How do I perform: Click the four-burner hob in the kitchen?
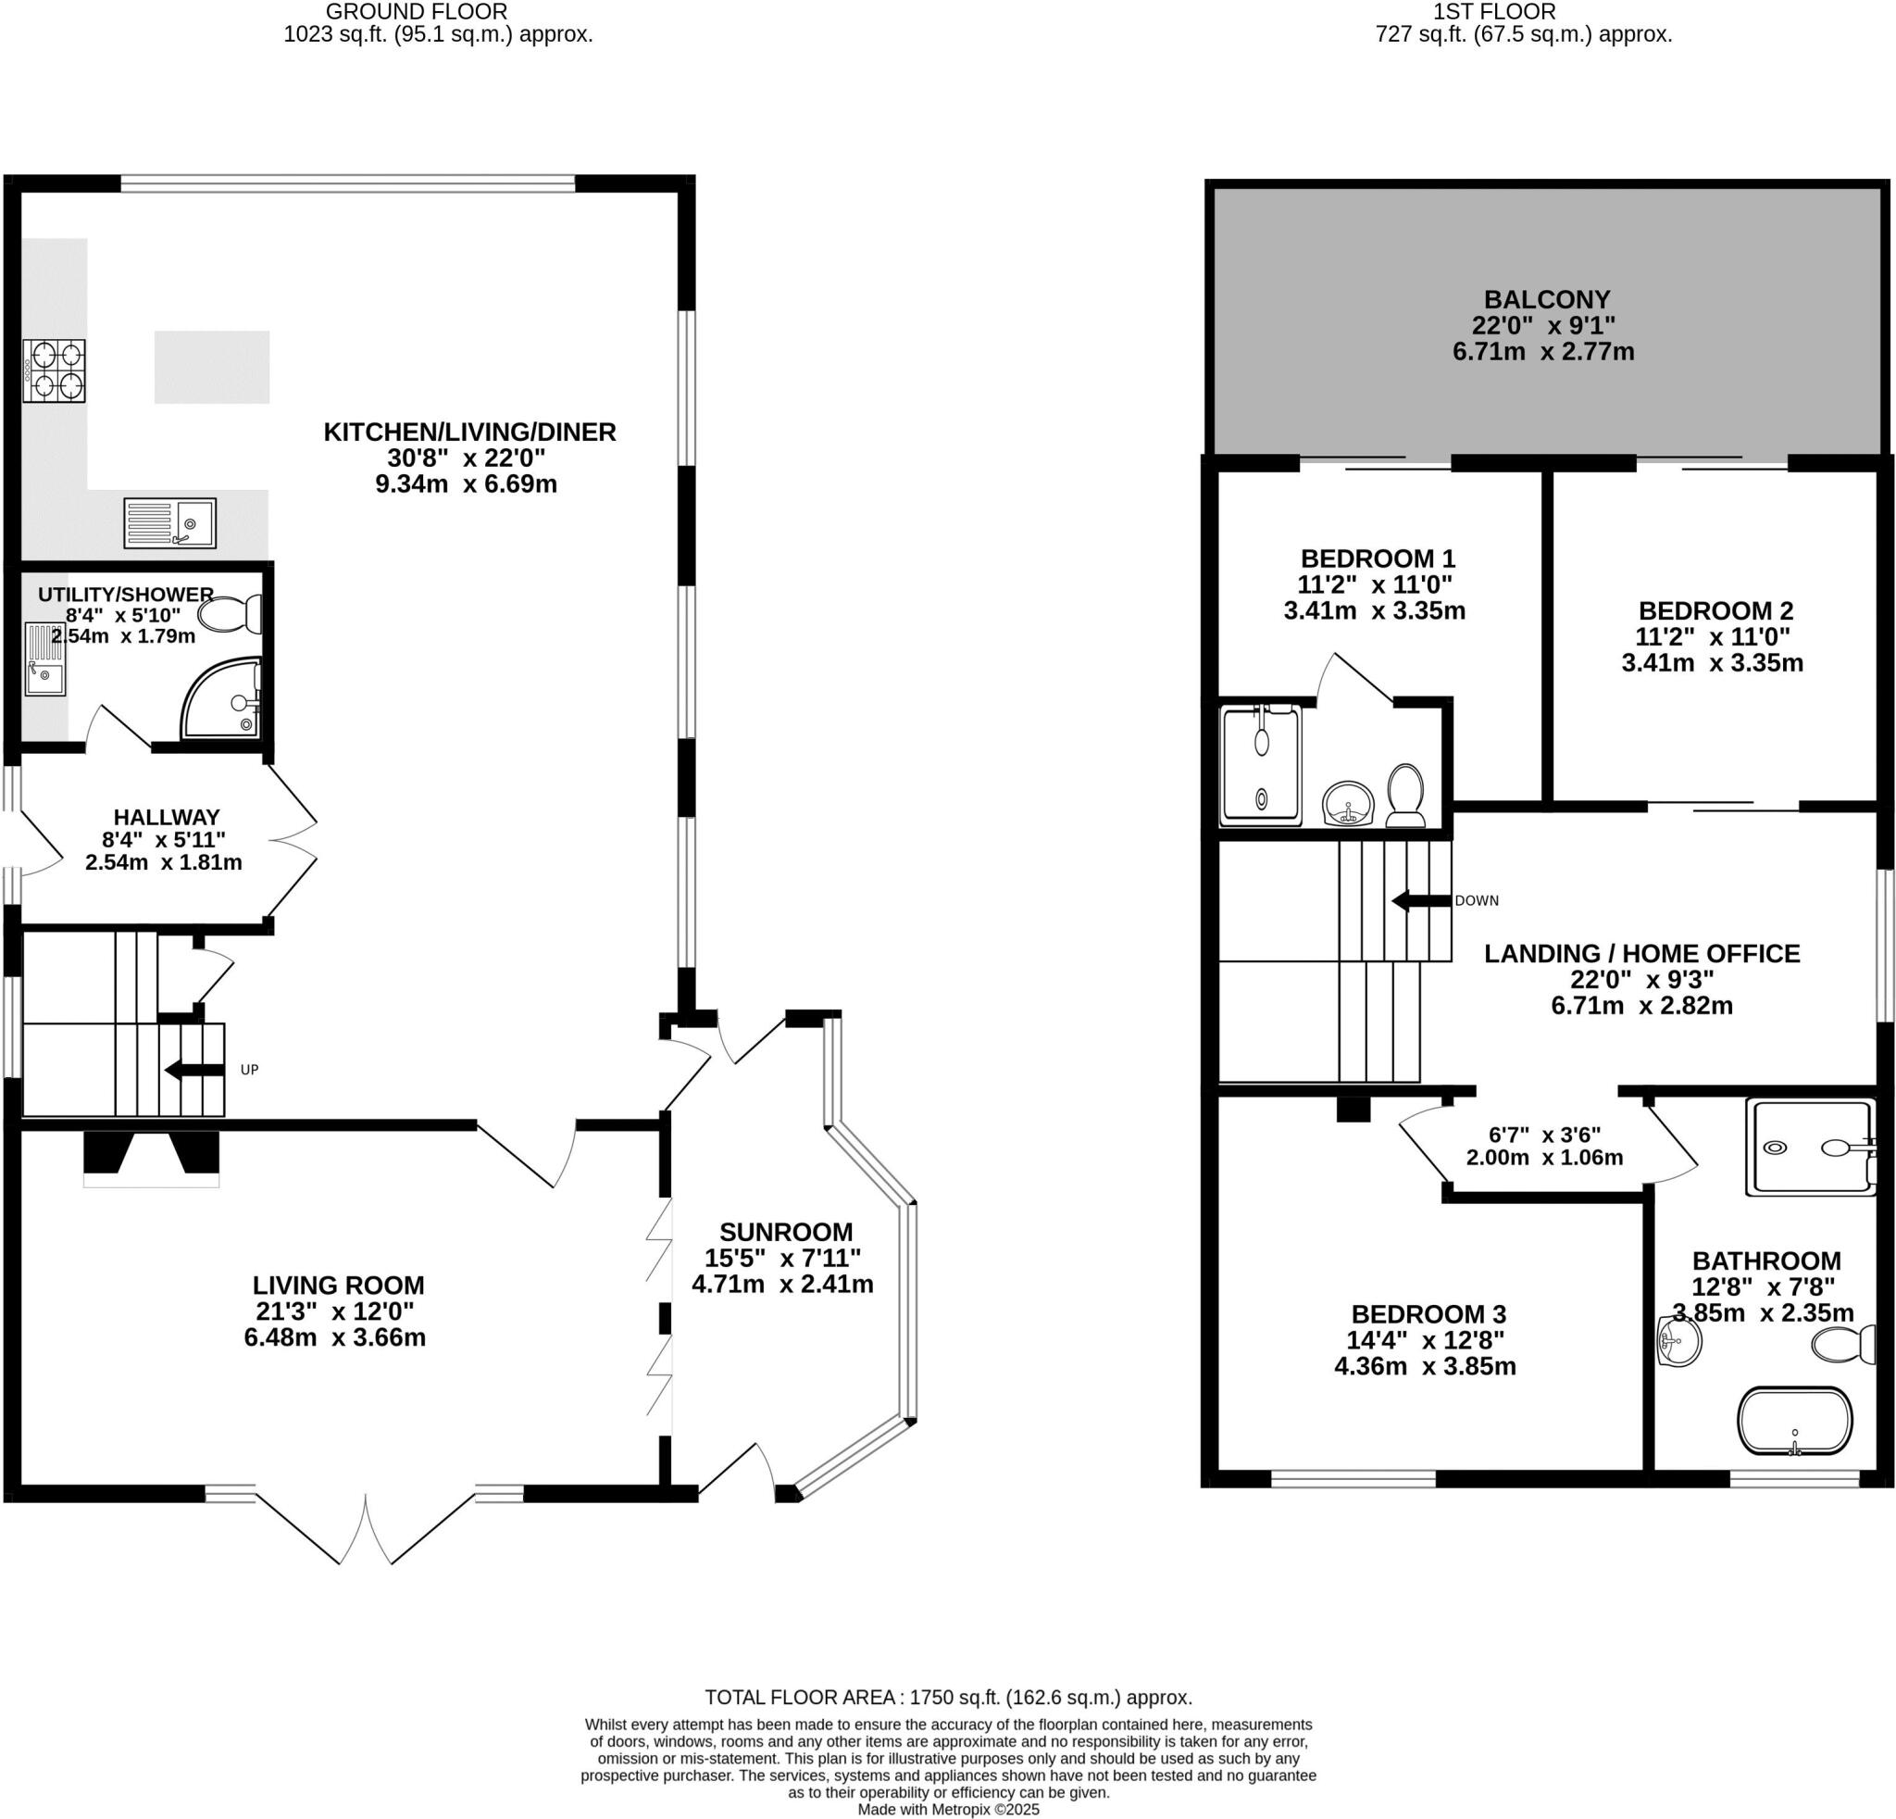click(56, 370)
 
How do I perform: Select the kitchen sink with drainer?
click(170, 522)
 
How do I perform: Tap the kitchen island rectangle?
click(212, 368)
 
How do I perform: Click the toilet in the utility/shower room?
click(231, 614)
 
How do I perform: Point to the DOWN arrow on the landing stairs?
click(1421, 901)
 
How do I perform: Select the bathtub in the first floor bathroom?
click(1794, 1422)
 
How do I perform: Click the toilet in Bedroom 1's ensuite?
click(1405, 796)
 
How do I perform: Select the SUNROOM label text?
click(785, 1232)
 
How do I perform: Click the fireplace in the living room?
click(152, 1156)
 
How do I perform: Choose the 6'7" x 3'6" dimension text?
click(1544, 1134)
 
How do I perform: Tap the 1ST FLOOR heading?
click(1523, 12)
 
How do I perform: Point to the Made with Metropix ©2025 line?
click(948, 1810)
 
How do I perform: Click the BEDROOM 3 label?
click(1428, 1314)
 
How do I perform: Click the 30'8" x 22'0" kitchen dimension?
click(467, 458)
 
